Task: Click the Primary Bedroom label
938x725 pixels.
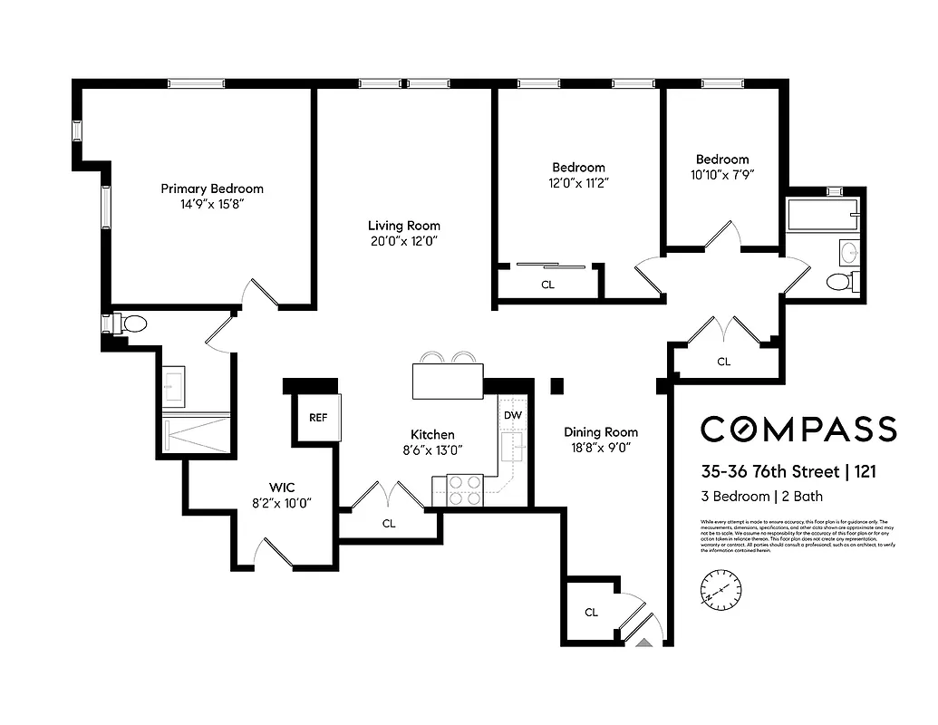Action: tap(212, 188)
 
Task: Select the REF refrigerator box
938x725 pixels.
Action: tap(318, 418)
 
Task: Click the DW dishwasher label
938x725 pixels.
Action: tap(513, 415)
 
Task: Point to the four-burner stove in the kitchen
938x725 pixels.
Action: tap(466, 490)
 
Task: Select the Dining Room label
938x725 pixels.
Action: tap(600, 432)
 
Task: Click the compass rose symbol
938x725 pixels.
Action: tap(720, 590)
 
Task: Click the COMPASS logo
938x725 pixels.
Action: tap(798, 429)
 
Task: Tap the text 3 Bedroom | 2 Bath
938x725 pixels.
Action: tap(761, 497)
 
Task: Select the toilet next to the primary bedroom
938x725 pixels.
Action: tap(131, 324)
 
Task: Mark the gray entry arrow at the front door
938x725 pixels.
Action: tap(644, 642)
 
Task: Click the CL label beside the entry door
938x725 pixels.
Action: tap(591, 613)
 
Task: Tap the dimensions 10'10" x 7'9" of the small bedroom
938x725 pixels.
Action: tap(722, 175)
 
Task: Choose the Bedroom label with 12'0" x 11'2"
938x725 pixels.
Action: tap(578, 168)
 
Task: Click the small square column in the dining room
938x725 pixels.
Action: tap(556, 386)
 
